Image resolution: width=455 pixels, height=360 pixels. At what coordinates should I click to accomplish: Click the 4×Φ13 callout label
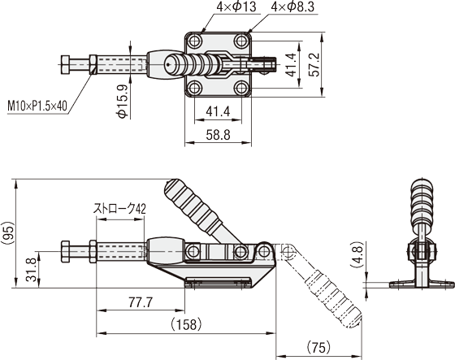236,7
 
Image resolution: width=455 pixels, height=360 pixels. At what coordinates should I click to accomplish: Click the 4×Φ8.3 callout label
292,7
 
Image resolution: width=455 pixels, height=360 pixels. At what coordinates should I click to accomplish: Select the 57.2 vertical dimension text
314,65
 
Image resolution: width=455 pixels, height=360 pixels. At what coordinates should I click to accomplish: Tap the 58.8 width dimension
219,135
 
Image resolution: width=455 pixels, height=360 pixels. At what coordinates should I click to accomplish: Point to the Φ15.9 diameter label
123,102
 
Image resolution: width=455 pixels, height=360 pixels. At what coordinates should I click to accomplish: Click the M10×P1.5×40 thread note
37,106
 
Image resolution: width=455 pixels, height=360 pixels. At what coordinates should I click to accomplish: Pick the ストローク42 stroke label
119,209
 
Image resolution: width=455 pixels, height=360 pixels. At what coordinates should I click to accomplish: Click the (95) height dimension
8,233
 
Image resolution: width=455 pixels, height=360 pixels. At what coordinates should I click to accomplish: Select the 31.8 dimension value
31,270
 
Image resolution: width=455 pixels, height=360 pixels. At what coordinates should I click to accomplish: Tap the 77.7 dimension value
141,302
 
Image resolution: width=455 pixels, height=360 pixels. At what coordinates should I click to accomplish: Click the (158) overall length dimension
186,324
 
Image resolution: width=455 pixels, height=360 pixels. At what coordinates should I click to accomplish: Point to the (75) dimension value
318,347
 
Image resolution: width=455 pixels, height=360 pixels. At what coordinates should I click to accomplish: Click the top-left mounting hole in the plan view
194,41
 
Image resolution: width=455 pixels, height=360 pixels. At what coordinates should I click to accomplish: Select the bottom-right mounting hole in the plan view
241,88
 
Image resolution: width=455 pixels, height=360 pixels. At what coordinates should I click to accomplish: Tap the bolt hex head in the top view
65,65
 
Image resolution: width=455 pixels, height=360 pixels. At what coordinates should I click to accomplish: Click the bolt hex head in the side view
66,251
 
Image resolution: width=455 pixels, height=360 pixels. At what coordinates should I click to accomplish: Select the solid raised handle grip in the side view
193,206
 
